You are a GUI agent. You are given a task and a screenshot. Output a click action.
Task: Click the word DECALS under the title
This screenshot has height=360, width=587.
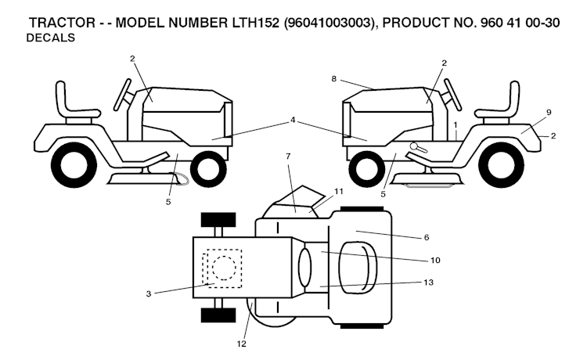[51, 38]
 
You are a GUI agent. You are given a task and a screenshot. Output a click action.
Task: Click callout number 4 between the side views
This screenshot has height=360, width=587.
[293, 120]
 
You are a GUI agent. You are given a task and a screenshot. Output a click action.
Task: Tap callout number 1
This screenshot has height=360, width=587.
[455, 124]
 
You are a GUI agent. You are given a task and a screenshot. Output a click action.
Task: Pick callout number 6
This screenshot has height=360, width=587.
[427, 236]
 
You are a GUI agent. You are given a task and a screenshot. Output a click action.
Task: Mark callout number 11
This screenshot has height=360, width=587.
[338, 190]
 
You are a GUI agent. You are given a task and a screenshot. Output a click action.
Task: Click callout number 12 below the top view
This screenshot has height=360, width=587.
[243, 344]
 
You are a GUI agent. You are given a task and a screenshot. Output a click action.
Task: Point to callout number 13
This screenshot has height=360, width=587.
[427, 282]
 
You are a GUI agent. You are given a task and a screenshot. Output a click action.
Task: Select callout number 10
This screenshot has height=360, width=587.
[427, 259]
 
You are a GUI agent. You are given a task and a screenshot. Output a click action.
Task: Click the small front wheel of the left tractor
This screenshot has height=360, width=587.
[207, 167]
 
